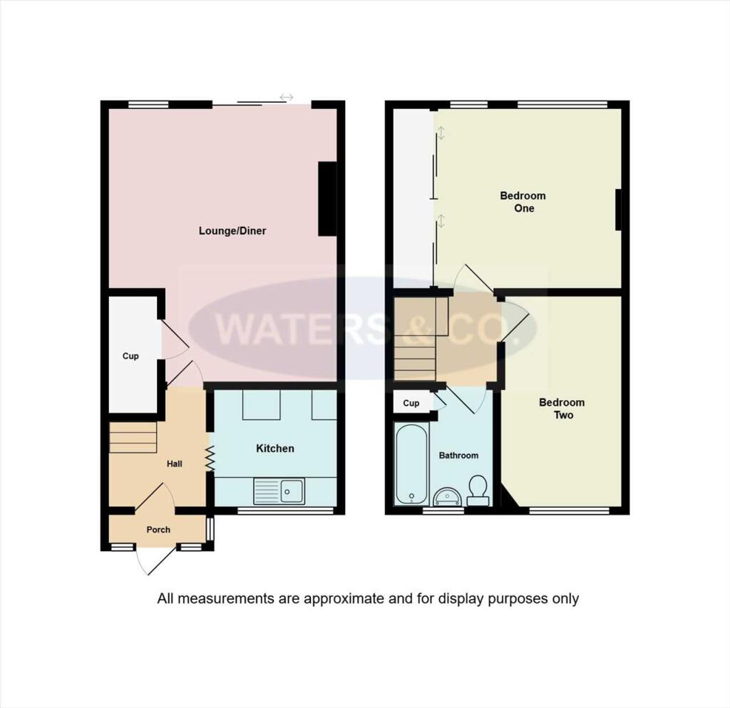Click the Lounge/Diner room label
coord(232,231)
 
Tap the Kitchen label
coord(275,448)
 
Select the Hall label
coord(175,463)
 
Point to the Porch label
coord(158,530)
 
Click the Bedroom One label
coord(523,202)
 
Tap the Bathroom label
coord(458,455)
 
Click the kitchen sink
coord(291,491)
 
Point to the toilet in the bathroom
coord(478,490)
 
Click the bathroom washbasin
coord(447,496)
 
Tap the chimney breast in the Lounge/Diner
coord(327,199)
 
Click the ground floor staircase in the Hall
coord(133,437)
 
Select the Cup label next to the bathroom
coord(411,403)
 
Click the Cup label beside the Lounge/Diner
coord(130,356)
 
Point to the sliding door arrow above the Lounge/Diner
coord(287,97)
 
